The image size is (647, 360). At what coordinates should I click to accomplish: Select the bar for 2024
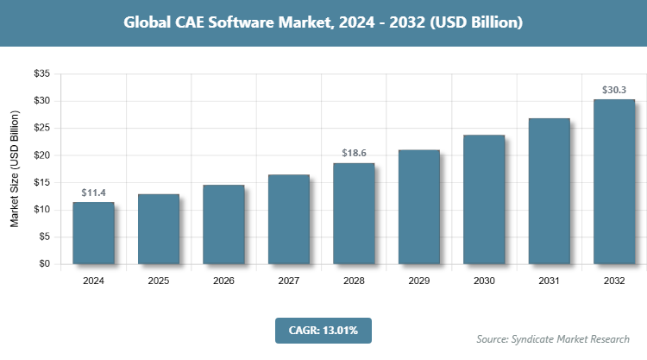pos(93,233)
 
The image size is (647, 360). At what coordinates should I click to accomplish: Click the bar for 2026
pos(223,224)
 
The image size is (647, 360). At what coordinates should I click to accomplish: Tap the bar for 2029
pos(418,207)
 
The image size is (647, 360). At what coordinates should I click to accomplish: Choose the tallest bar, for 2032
pos(614,181)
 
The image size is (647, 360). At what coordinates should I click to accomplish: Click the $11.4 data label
pos(93,193)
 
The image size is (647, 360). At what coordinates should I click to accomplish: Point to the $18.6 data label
pos(354,153)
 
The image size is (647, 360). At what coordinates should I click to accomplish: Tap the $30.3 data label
pos(614,89)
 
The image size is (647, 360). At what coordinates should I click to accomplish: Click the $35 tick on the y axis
pos(41,74)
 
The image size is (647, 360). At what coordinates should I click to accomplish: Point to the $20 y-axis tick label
pos(41,155)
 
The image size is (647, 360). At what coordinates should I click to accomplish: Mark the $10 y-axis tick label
pos(41,210)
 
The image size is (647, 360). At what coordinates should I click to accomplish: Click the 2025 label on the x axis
pos(159,281)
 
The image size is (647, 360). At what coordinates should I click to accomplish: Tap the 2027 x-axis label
pos(289,281)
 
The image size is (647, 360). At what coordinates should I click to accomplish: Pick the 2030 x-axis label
pos(484,281)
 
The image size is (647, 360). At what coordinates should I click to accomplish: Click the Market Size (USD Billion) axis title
pos(15,169)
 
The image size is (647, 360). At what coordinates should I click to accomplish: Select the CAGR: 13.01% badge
pos(323,330)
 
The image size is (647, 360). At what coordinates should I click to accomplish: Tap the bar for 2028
pos(354,213)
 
